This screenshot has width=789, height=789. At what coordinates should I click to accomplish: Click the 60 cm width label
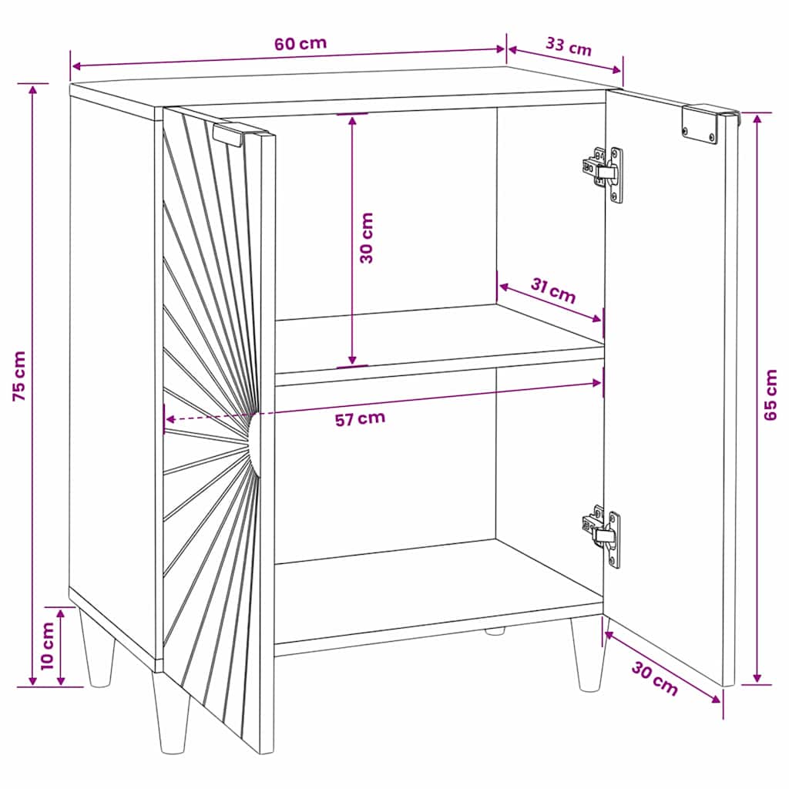[x=300, y=43]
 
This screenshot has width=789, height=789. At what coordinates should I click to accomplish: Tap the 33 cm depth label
[x=569, y=46]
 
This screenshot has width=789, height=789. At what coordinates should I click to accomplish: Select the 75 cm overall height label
[x=19, y=375]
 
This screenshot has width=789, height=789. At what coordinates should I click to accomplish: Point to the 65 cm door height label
[x=770, y=395]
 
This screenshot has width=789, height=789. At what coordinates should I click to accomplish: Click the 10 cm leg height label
[x=47, y=646]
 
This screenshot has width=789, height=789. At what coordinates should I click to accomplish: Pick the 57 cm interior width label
[x=361, y=418]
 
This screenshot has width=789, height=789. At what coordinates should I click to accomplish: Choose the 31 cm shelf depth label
[x=553, y=291]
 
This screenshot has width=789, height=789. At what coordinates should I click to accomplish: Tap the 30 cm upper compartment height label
[x=367, y=238]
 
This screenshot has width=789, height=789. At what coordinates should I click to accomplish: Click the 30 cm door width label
[x=655, y=678]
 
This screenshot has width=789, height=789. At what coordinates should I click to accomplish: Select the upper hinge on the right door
[x=603, y=173]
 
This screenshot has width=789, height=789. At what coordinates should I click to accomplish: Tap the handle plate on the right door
[x=700, y=124]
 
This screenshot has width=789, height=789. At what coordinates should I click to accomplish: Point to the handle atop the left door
[x=228, y=135]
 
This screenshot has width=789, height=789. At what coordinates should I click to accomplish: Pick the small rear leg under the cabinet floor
[x=495, y=631]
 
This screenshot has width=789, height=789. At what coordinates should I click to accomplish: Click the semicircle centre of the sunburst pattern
[x=255, y=444]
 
